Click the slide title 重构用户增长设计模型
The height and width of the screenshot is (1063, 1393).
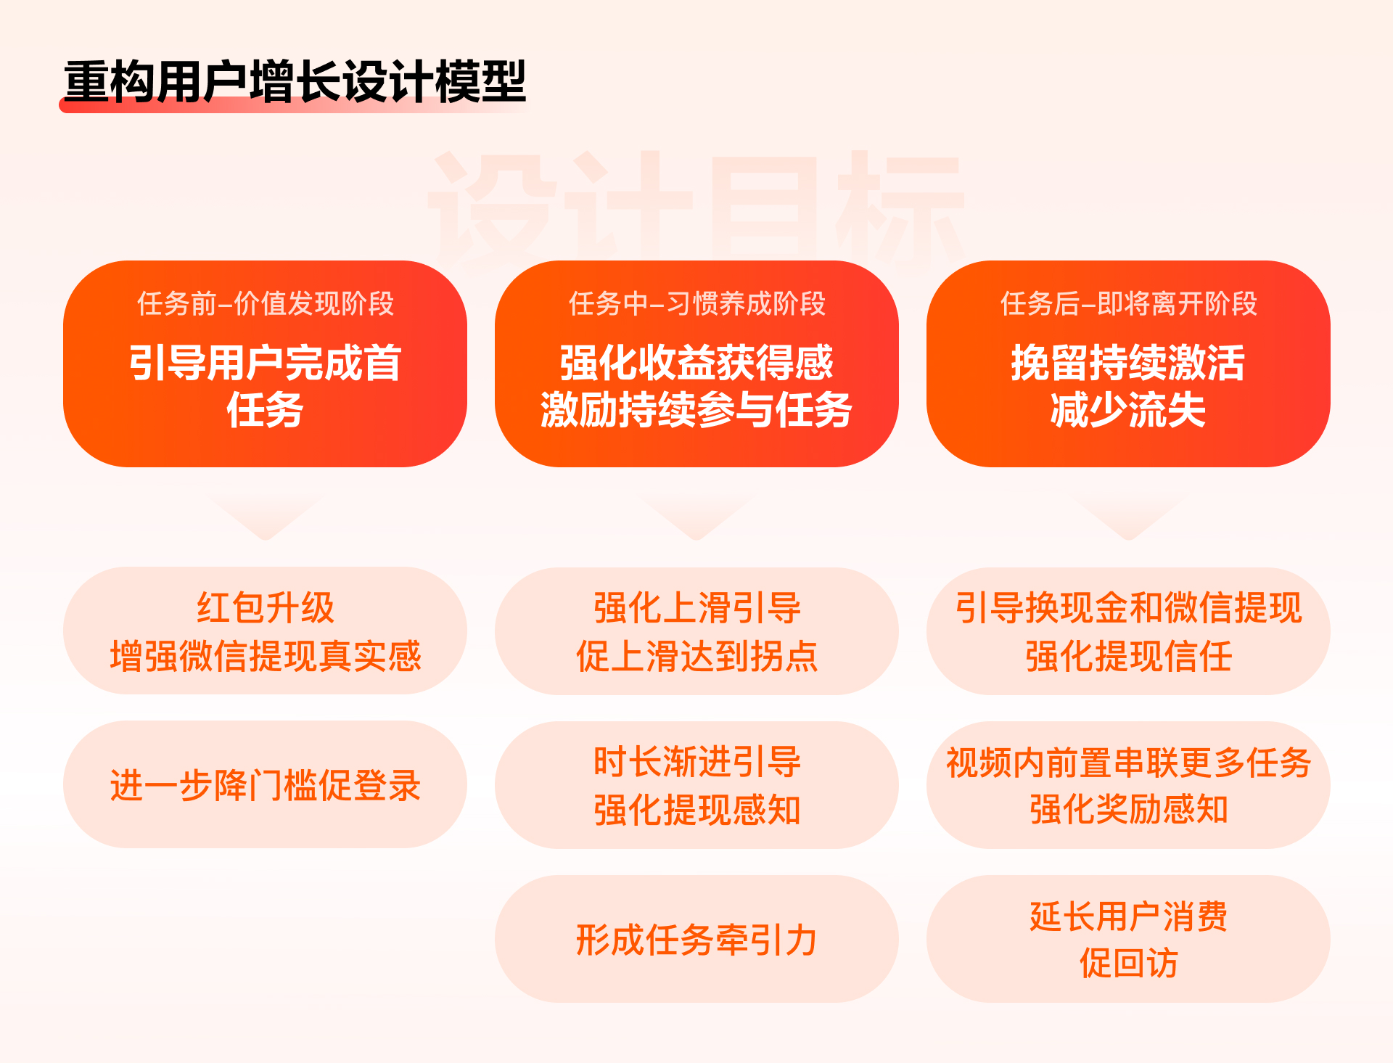click(x=295, y=81)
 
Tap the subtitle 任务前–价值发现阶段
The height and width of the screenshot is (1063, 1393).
click(x=266, y=303)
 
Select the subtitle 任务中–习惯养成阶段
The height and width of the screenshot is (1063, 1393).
click(x=696, y=303)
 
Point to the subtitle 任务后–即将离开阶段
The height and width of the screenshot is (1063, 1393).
click(x=1128, y=303)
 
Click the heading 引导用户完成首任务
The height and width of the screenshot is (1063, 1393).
click(x=266, y=386)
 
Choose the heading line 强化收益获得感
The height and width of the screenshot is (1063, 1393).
click(x=696, y=363)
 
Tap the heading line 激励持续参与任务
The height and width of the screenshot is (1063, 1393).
click(x=696, y=410)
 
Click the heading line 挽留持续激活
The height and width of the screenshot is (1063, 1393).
click(x=1128, y=363)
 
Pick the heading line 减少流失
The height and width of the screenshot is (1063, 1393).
click(x=1128, y=410)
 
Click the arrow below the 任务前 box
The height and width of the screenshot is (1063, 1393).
click(x=266, y=518)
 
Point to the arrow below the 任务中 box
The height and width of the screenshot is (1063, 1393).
click(x=696, y=518)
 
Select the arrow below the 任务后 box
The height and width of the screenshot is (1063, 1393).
click(x=1128, y=518)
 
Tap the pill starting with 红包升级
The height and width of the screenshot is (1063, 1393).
click(x=266, y=631)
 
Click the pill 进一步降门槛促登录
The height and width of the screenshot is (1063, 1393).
click(x=266, y=785)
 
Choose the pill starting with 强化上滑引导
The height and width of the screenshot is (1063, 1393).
click(x=696, y=631)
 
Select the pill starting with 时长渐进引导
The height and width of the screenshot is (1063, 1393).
click(x=696, y=785)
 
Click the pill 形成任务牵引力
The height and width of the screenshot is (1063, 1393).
click(x=696, y=940)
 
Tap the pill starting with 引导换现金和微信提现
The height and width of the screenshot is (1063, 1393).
click(x=1128, y=631)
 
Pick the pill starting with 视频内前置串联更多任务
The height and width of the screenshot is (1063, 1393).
click(x=1128, y=785)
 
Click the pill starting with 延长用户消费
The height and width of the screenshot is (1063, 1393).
click(x=1128, y=940)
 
